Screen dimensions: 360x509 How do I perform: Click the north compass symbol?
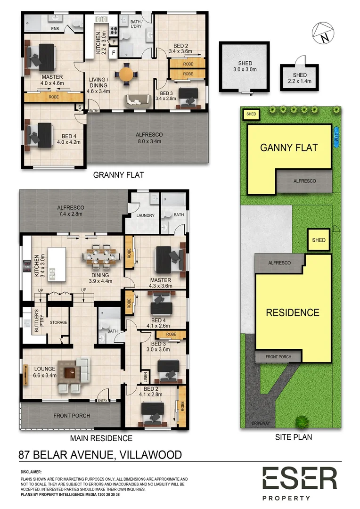pyautogui.click(x=323, y=33)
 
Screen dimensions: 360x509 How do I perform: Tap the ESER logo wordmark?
pyautogui.click(x=300, y=478)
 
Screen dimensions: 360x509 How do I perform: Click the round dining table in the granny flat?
pyautogui.click(x=126, y=74)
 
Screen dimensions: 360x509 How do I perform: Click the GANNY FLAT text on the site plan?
pyautogui.click(x=289, y=148)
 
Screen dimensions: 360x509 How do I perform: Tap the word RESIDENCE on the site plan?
pyautogui.click(x=293, y=312)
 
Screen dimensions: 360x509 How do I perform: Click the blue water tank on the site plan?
pyautogui.click(x=336, y=137)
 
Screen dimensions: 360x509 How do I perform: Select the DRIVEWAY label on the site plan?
pyautogui.click(x=261, y=423)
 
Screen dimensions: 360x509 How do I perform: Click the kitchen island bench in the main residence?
pyautogui.click(x=57, y=264)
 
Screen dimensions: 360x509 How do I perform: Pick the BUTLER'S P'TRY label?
pyautogui.click(x=36, y=320)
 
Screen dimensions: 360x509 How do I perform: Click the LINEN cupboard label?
pyautogui.click(x=146, y=377)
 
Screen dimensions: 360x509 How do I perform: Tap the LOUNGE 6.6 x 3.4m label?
pyautogui.click(x=45, y=372)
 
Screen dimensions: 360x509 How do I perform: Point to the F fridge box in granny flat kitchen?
pyautogui.click(x=113, y=53)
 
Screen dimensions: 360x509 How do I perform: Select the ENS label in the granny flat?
pyautogui.click(x=55, y=29)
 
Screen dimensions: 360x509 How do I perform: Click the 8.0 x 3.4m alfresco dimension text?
pyautogui.click(x=149, y=141)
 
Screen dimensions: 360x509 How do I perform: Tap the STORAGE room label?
pyautogui.click(x=58, y=322)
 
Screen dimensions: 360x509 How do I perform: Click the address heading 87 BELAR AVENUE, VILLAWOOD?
pyautogui.click(x=100, y=455)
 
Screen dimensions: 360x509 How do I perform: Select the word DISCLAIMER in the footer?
pyautogui.click(x=31, y=472)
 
